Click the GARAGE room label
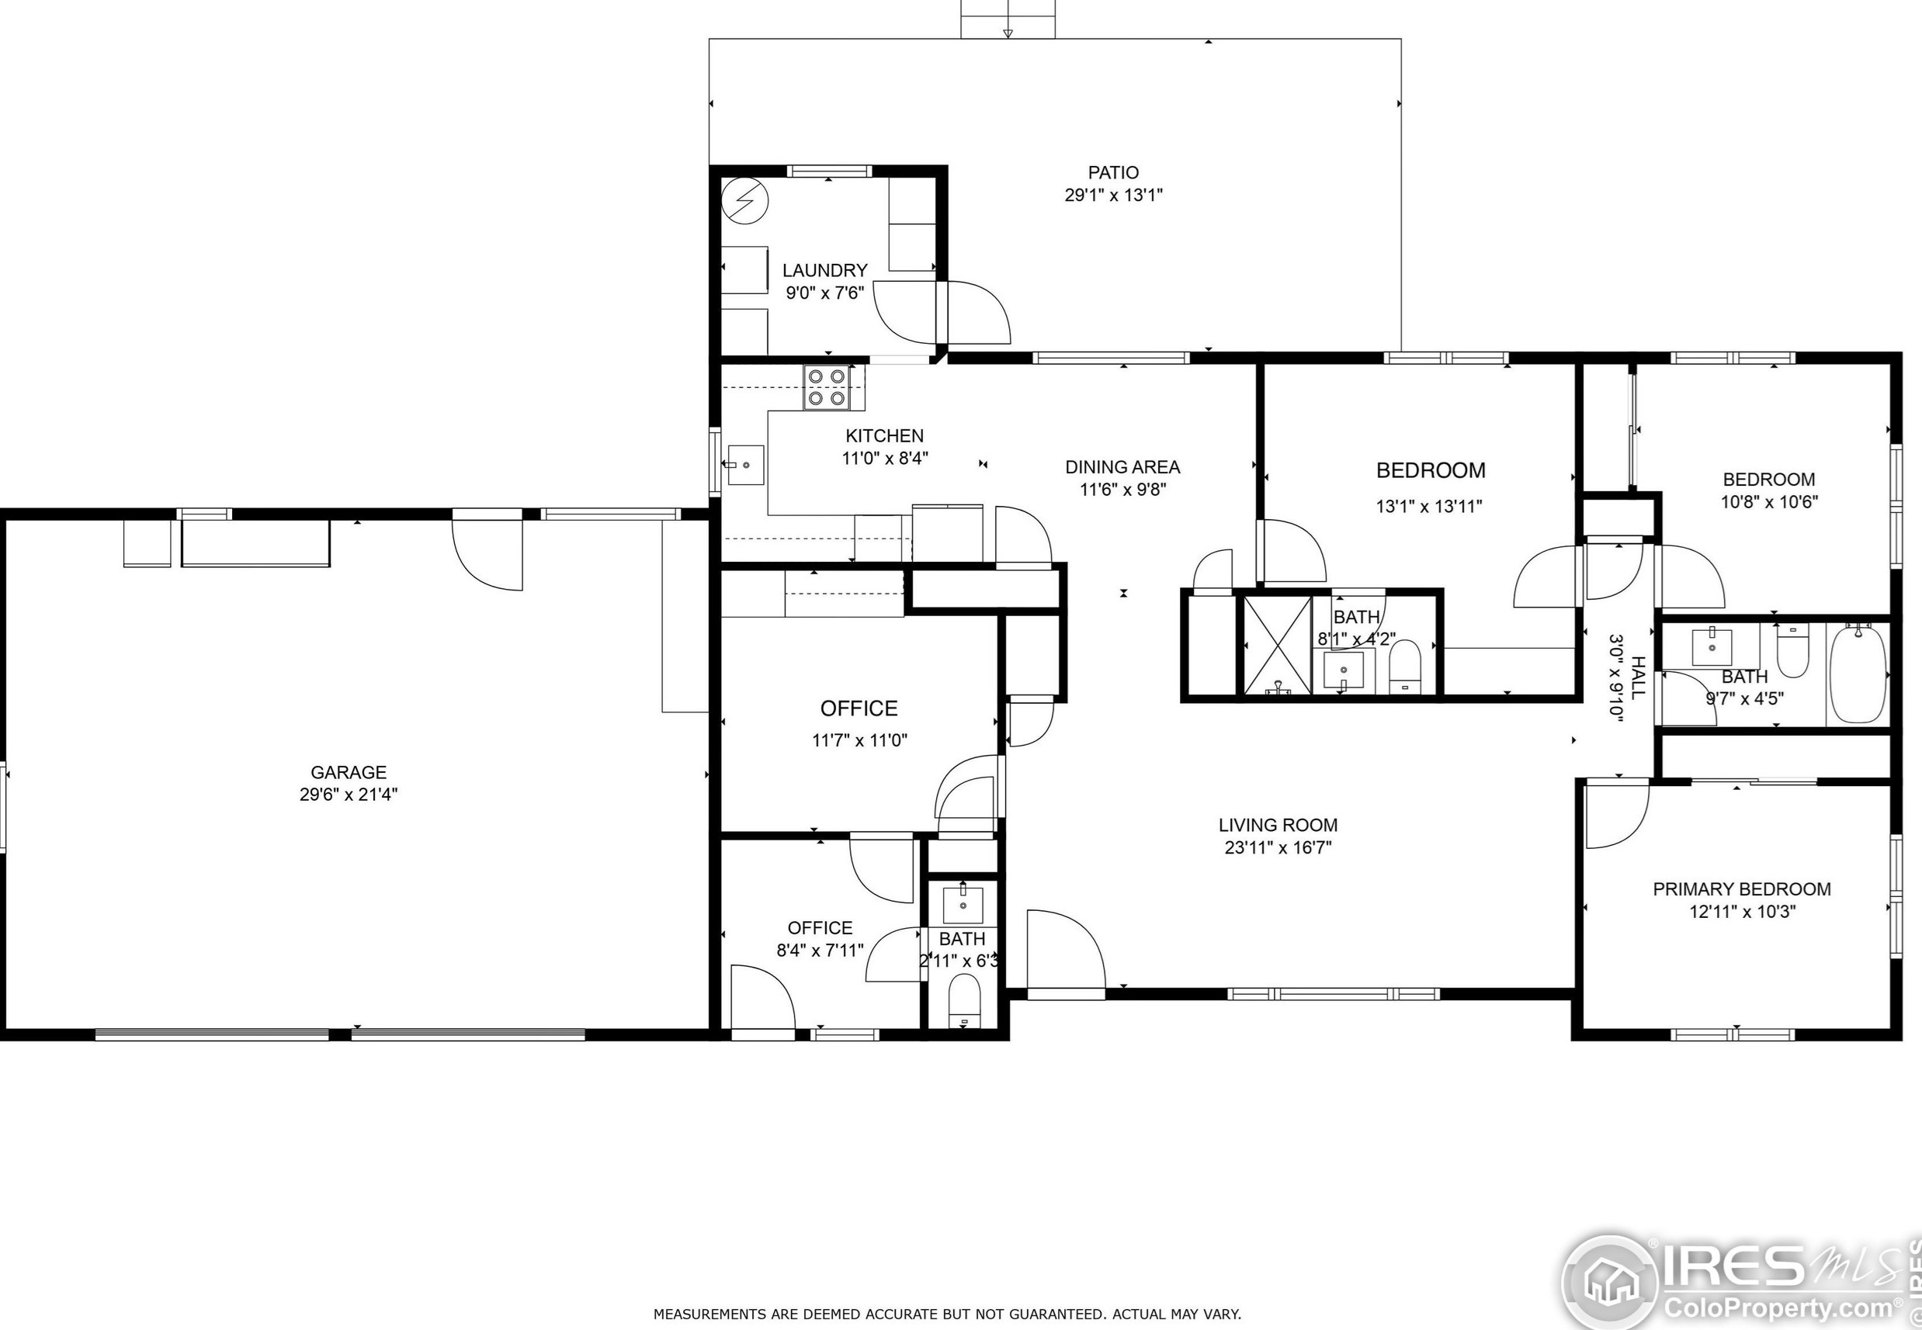pyautogui.click(x=349, y=773)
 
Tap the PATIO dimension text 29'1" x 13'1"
pyautogui.click(x=1113, y=195)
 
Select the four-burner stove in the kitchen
pyautogui.click(x=827, y=387)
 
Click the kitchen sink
pyautogui.click(x=746, y=465)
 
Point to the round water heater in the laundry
pyautogui.click(x=744, y=201)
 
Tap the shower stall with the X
pyautogui.click(x=1278, y=644)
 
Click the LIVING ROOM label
pyautogui.click(x=1278, y=825)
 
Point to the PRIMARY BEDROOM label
pyautogui.click(x=1742, y=889)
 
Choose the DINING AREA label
pyautogui.click(x=1122, y=466)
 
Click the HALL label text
pyautogui.click(x=1637, y=677)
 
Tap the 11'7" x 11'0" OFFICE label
pyautogui.click(x=859, y=708)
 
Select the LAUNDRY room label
pyautogui.click(x=825, y=270)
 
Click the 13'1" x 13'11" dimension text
pyautogui.click(x=1429, y=506)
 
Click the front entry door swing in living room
pyautogui.click(x=1066, y=949)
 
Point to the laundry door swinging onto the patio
pyautogui.click(x=975, y=313)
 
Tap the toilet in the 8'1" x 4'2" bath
pyautogui.click(x=1404, y=667)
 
